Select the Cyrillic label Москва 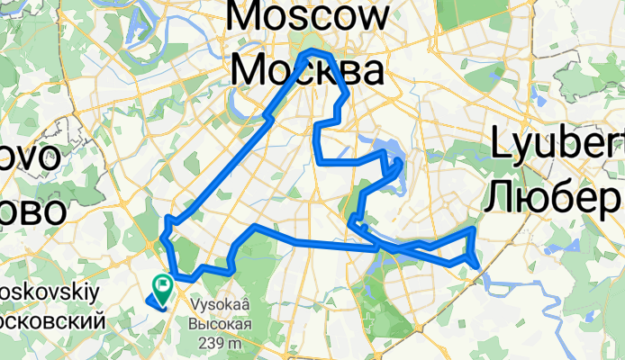pos(309,69)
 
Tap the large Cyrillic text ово pos(32,212)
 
